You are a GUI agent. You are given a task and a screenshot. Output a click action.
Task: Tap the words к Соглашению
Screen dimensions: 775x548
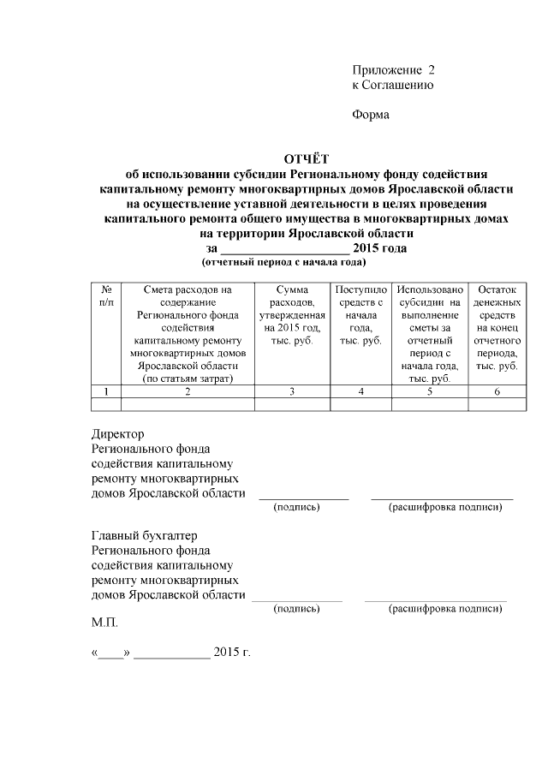coord(392,85)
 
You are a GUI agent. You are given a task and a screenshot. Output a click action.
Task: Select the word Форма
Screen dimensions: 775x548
coord(371,116)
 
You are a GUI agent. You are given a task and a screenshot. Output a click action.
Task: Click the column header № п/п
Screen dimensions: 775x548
coord(106,296)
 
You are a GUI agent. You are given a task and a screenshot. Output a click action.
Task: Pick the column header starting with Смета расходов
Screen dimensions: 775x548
coord(188,334)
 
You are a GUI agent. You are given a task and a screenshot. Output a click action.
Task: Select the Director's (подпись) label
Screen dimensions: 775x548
coord(296,508)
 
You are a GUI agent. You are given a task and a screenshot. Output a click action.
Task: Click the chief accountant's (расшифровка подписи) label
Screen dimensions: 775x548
coord(444,609)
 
